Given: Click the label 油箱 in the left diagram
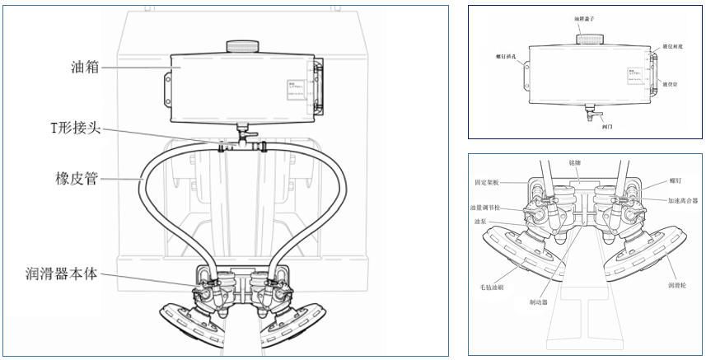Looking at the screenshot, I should pos(85,68).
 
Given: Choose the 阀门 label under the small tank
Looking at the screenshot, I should pos(607,128).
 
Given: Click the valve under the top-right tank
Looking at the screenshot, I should pos(591,114).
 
